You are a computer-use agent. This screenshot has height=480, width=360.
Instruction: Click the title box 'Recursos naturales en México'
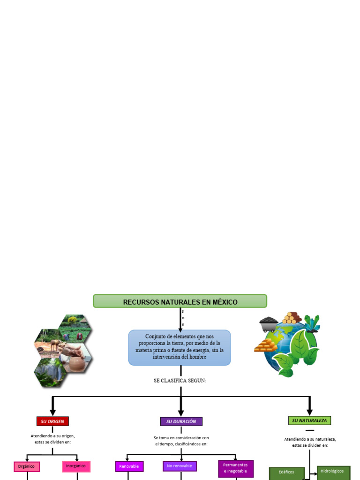[x=180, y=301]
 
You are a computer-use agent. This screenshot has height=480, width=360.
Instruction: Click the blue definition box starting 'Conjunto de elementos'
[x=180, y=347]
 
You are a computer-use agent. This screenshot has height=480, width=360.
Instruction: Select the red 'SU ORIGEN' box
[x=52, y=421]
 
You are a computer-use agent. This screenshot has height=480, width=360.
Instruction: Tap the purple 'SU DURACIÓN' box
[x=181, y=421]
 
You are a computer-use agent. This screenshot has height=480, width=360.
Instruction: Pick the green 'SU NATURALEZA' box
[x=309, y=420]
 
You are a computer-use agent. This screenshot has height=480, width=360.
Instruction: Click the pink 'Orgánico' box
[x=27, y=466]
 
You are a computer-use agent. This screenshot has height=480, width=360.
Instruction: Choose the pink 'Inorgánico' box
[x=76, y=466]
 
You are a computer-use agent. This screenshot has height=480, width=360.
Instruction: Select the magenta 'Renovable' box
[x=129, y=466]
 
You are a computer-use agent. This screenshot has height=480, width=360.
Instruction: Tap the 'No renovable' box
[x=180, y=466]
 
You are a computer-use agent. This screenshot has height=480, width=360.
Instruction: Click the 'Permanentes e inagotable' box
[x=235, y=468]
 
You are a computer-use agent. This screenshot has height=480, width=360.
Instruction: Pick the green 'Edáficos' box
[x=286, y=472]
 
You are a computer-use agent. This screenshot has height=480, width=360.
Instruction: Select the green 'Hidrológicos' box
[x=333, y=471]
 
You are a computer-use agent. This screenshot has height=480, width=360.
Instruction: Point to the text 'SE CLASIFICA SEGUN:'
[x=180, y=381]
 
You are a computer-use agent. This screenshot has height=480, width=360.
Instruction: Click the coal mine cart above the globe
[x=269, y=323]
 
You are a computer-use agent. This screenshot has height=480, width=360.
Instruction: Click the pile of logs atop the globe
[x=292, y=318]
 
